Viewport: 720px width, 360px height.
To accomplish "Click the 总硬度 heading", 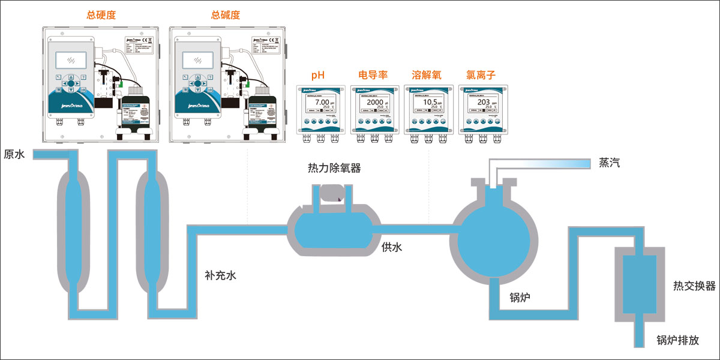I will click(101, 15).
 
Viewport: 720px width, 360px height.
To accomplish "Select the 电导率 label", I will click(372, 76).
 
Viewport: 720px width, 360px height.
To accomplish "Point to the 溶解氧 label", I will click(426, 76).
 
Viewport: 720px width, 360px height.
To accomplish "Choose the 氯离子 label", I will click(480, 76).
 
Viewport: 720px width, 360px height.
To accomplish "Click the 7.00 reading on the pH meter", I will click(319, 103).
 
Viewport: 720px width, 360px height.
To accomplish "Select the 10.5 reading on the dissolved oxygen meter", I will click(426, 103).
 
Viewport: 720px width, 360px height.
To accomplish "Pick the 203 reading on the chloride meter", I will click(480, 103).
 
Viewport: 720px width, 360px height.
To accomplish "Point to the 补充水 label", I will click(221, 276).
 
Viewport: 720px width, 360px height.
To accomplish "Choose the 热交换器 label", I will click(694, 286).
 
